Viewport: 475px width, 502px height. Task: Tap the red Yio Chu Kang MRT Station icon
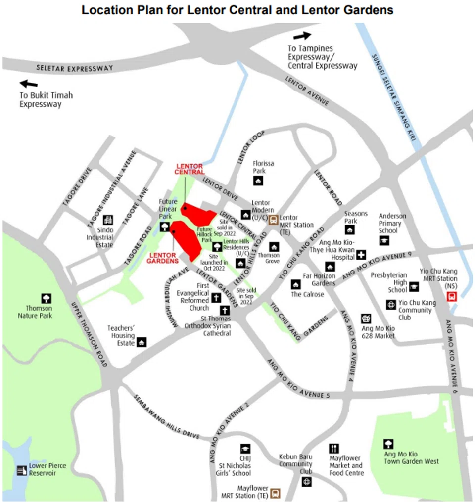[x=451, y=296]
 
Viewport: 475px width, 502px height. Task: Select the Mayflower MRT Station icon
[x=275, y=493]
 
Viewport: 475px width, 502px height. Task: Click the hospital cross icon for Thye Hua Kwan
[x=361, y=255]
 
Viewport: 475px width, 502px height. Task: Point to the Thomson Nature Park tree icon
[x=46, y=298]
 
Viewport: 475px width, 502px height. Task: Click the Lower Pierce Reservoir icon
[x=21, y=470]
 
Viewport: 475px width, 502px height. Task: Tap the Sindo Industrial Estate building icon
[x=107, y=220]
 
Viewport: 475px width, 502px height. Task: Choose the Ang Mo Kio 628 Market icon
[x=366, y=318]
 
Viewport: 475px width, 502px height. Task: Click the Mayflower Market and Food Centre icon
[x=334, y=448]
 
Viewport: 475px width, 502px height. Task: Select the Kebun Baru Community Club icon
[x=307, y=481]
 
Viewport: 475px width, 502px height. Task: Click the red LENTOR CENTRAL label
[x=190, y=169]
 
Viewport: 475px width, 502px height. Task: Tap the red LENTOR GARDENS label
[x=163, y=258]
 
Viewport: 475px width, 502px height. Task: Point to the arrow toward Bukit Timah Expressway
[x=29, y=84]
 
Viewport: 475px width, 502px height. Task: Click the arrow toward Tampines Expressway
[x=302, y=36]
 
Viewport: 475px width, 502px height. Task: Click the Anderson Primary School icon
[x=384, y=240]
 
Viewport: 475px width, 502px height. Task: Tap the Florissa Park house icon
[x=258, y=181]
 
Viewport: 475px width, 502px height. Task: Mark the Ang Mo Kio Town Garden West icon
[x=389, y=443]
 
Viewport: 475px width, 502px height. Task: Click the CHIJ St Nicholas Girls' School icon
[x=245, y=448]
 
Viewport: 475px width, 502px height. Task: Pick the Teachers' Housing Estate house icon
[x=142, y=342]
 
